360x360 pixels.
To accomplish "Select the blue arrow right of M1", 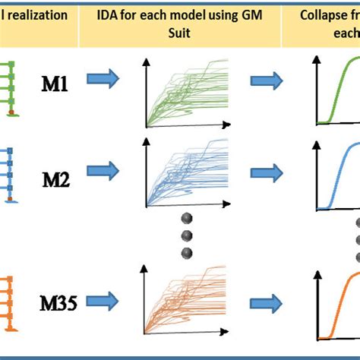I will click(102, 80).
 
